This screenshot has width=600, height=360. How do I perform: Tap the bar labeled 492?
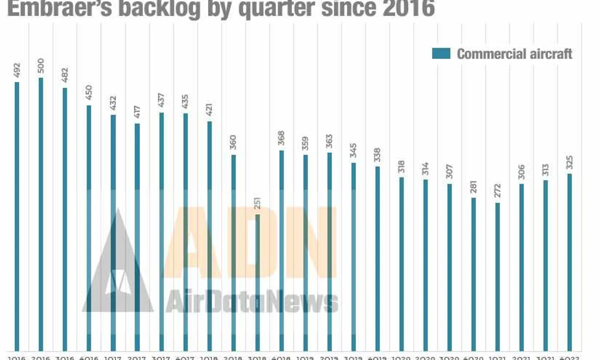[x=17, y=216]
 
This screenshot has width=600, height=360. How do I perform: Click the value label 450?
[x=89, y=92]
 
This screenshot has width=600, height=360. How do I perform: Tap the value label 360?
[x=233, y=142]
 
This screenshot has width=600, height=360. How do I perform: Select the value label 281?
[x=474, y=187]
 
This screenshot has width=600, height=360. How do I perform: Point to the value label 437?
[x=161, y=100]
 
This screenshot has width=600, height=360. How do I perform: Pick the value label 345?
[x=353, y=150]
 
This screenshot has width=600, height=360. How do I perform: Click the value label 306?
[x=522, y=172]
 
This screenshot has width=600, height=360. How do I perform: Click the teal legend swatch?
[x=441, y=54]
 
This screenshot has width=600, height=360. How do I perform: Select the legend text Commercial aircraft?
[x=514, y=54]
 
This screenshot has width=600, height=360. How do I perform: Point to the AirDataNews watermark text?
[x=252, y=302]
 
